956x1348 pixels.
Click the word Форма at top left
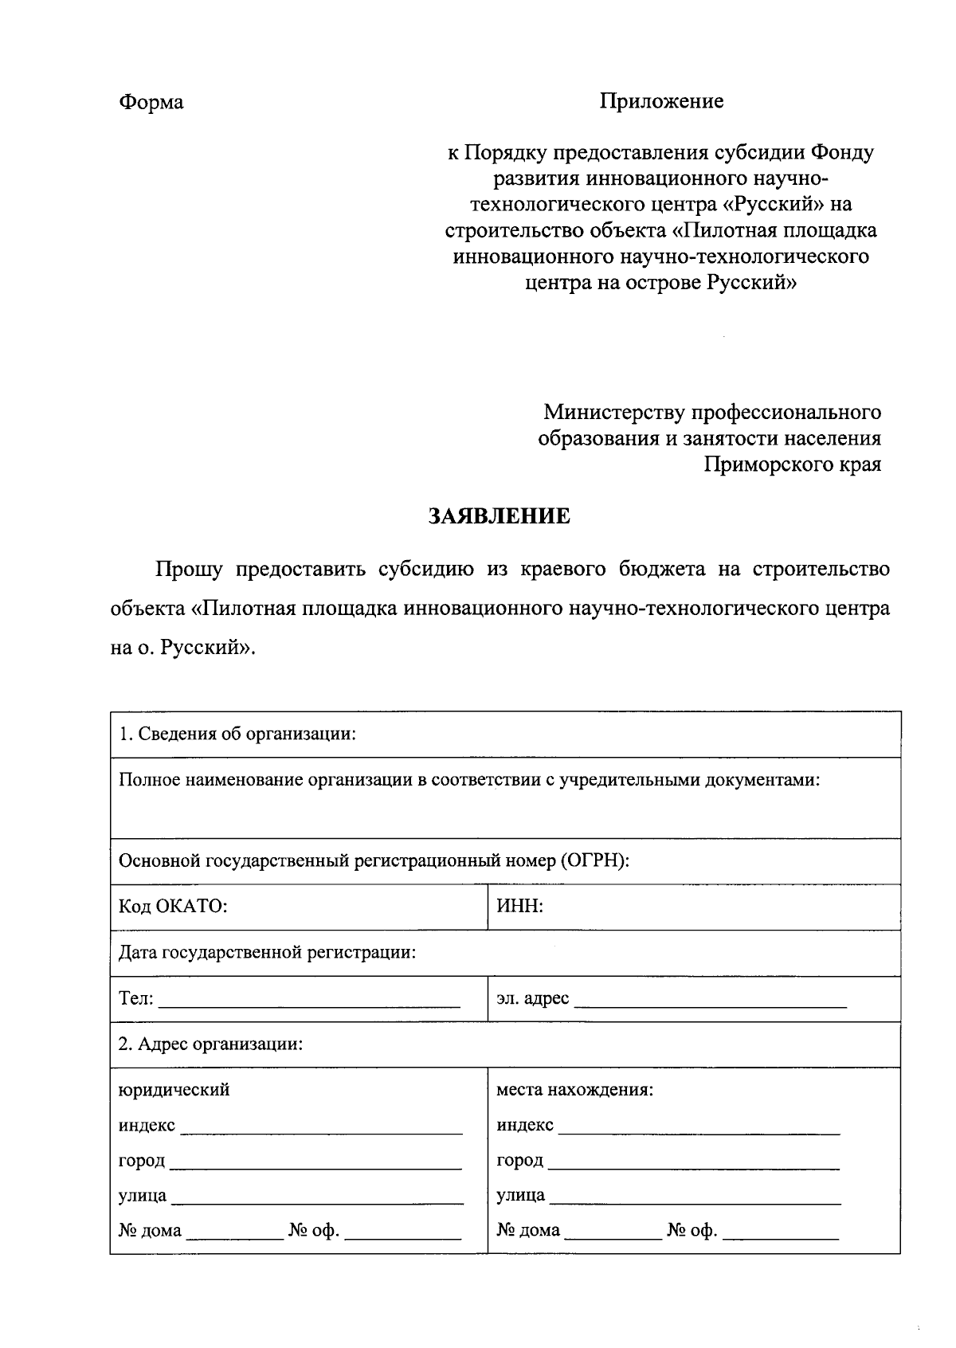(x=151, y=103)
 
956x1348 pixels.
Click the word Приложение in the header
(x=661, y=101)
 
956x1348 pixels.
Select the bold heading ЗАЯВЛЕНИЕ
(x=500, y=516)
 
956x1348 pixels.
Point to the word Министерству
(x=614, y=413)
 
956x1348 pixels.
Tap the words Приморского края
(x=792, y=464)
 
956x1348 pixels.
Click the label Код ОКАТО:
(x=173, y=907)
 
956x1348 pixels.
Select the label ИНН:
(x=519, y=907)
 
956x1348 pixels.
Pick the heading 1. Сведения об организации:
(x=237, y=734)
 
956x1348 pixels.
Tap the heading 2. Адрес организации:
(x=210, y=1044)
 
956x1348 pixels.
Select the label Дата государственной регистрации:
(x=267, y=952)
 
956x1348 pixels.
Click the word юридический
(x=174, y=1089)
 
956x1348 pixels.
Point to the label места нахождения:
(x=574, y=1089)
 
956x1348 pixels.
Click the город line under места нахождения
(x=693, y=1167)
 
